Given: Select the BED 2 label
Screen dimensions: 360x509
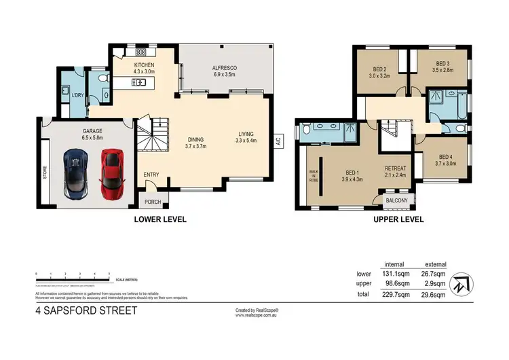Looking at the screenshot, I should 379,69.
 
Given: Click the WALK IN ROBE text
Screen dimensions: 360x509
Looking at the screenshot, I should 313,177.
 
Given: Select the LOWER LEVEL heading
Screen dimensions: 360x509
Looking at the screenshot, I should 160,219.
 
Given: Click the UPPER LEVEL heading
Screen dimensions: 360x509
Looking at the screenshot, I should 398,219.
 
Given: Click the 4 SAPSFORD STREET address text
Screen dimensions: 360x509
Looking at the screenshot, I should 86,311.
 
